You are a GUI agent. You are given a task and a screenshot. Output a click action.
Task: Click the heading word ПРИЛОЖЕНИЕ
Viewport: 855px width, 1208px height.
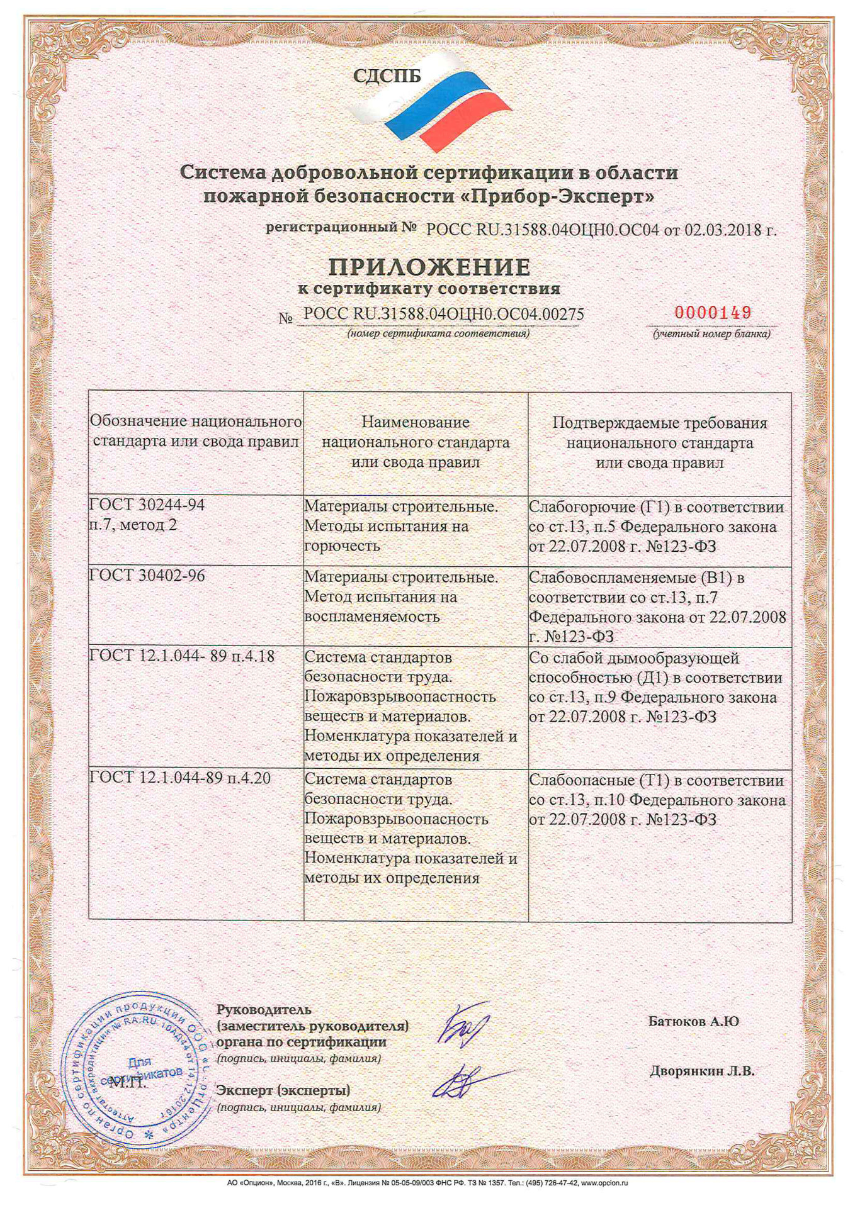coord(429,267)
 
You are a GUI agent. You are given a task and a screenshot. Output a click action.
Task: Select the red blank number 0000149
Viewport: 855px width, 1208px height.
coord(713,313)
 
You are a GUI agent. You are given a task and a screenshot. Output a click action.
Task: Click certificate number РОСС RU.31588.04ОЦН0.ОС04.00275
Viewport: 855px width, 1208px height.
coord(443,314)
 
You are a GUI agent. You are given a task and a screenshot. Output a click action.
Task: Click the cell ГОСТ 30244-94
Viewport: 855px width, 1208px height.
coord(147,505)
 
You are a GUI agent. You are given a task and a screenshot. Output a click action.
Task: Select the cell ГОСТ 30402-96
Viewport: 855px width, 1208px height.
coord(147,576)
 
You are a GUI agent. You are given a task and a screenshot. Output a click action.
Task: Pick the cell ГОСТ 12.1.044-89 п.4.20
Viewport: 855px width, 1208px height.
coord(180,778)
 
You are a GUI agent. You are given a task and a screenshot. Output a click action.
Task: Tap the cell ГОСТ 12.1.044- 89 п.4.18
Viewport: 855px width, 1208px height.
coord(182,656)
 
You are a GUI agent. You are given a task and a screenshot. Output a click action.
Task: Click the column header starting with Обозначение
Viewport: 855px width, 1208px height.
coord(195,431)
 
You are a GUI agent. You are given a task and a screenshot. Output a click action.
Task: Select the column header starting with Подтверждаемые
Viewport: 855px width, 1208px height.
coord(659,442)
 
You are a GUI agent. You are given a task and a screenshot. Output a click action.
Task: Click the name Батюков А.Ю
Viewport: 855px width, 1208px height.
coord(693,1022)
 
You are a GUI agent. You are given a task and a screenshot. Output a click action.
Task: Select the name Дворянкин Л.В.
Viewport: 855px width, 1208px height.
coord(701,1071)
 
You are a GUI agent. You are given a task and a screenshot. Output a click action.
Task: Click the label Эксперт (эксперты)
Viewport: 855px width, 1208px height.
coord(283,1090)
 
